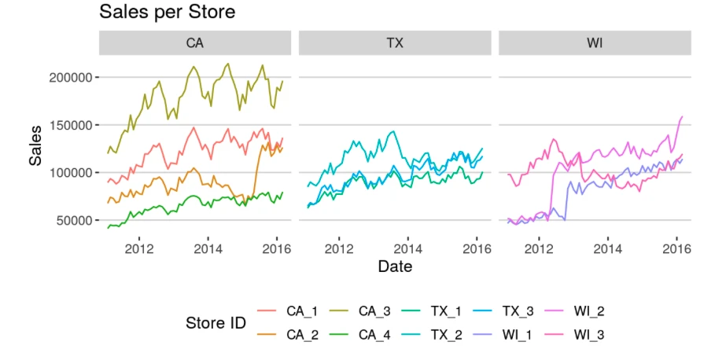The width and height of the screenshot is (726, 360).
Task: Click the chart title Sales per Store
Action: pos(167,13)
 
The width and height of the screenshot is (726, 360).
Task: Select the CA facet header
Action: pos(194,43)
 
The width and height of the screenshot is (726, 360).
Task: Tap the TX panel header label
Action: pos(395,43)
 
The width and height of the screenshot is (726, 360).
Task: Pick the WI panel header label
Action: pos(595,43)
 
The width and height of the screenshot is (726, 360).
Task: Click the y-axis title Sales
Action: pos(35,149)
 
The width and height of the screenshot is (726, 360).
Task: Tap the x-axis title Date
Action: pos(395,266)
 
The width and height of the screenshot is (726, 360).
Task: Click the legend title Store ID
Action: pos(216,323)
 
